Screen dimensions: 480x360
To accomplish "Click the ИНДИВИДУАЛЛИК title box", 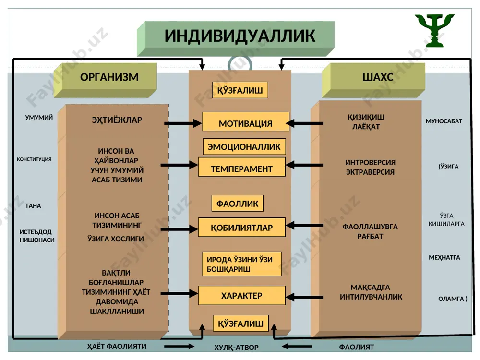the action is (236, 38).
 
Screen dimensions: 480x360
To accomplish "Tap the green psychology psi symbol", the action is (434, 30).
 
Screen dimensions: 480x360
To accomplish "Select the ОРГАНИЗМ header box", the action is (105, 80).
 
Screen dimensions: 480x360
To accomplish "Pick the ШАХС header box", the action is (373, 80).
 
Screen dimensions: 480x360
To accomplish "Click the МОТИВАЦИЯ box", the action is (245, 121).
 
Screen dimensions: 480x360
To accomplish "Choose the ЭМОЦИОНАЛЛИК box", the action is (244, 146).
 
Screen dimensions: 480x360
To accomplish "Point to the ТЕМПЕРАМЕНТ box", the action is (242, 167).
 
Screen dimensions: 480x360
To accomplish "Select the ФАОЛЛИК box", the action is (237, 203).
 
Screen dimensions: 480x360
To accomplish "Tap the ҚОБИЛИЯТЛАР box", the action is (242, 228).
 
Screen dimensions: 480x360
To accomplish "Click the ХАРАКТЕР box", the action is (242, 295).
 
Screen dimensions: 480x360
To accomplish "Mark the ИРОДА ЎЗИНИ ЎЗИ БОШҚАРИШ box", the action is (241, 264).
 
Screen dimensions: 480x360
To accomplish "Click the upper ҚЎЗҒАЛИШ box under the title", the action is (240, 90).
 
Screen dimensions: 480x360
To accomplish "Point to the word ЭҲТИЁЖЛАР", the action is (117, 120).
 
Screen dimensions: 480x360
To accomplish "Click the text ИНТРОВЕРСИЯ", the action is (370, 162).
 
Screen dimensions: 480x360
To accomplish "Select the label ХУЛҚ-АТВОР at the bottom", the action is (236, 348).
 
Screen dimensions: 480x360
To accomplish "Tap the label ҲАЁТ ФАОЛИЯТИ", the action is (117, 346).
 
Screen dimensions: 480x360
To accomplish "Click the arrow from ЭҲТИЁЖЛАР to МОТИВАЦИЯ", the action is (183, 123).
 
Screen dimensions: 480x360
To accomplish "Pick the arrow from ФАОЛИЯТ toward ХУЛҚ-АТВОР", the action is (297, 347).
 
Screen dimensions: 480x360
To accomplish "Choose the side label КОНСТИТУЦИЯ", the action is (34, 159).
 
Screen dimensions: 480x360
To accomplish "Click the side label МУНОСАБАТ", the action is (444, 121).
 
